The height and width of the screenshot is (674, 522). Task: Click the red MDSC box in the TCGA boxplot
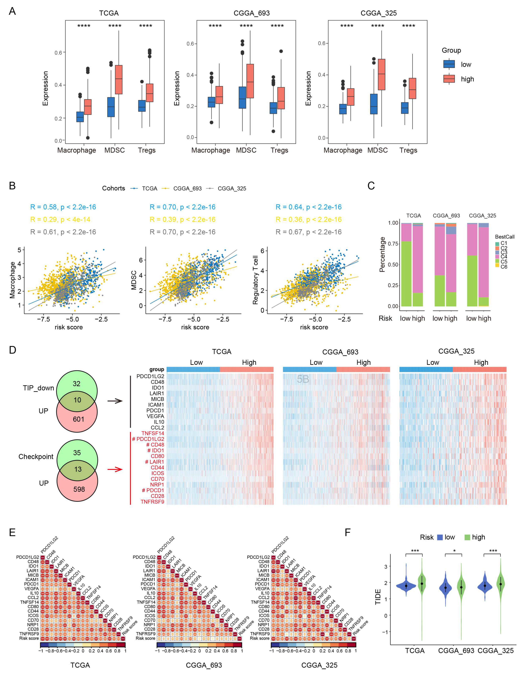point(118,79)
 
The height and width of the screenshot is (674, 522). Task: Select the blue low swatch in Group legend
point(449,64)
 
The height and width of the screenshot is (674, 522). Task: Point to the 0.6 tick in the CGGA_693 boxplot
point(190,43)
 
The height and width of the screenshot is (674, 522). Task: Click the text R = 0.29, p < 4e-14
point(60,220)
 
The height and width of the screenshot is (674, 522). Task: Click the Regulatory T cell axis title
point(255,280)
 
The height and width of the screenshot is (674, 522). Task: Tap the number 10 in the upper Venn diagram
point(77,400)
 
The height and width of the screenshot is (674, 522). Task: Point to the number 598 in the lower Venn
point(79,489)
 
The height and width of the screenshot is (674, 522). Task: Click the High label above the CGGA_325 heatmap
point(481,362)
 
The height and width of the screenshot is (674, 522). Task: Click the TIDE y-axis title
point(378,597)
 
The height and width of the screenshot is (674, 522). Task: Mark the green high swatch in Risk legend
point(467,537)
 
